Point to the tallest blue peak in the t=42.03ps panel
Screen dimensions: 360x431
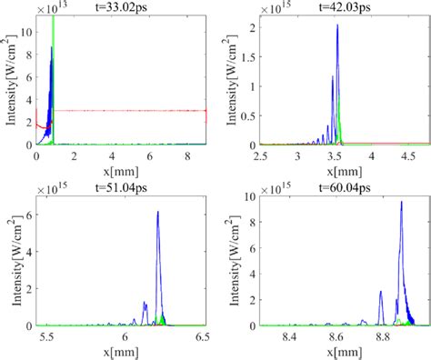pos(337,25)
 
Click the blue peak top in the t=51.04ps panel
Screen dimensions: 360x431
pos(158,212)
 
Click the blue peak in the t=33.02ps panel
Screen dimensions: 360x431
pos(52,48)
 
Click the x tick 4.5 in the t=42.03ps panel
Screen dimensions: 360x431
pos(397,156)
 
